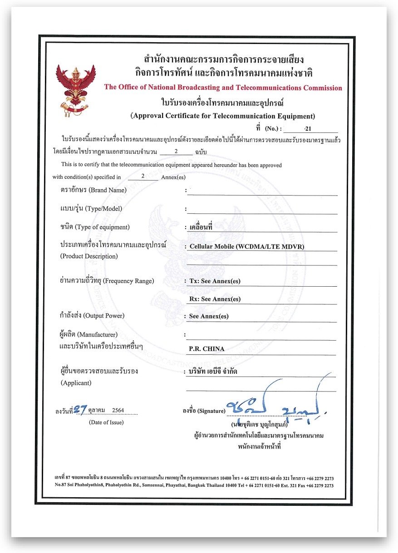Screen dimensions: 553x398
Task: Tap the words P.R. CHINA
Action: point(207,349)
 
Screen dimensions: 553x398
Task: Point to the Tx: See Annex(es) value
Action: point(215,281)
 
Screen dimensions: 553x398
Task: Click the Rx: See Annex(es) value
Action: point(215,299)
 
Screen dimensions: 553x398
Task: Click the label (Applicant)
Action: point(76,383)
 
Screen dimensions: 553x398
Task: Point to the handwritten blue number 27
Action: point(81,410)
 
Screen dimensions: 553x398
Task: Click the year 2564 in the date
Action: point(118,410)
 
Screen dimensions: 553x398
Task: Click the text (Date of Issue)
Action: point(106,422)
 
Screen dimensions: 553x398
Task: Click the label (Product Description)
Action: point(89,256)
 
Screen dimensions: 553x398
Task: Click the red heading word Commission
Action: point(321,88)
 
